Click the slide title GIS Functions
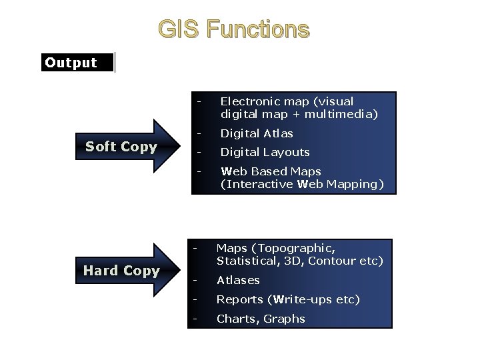tap(233, 30)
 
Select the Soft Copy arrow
tap(127, 147)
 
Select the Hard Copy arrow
tap(127, 270)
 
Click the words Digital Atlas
tap(257, 133)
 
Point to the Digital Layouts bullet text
tap(265, 152)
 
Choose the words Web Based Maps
tap(271, 171)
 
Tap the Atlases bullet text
tap(238, 280)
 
